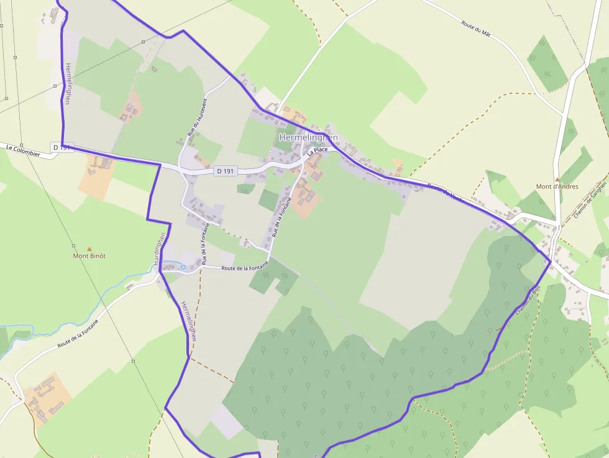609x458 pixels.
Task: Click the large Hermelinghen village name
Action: (x=309, y=137)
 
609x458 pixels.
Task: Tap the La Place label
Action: (x=318, y=150)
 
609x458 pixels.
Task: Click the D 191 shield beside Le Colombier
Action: (x=63, y=147)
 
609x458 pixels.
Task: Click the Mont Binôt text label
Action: (x=89, y=255)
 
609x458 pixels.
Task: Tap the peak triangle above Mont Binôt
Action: (x=89, y=248)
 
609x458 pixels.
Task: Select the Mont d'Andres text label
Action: (x=557, y=186)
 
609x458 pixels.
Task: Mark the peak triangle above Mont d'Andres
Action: (x=557, y=178)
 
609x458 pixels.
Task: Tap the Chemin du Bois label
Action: (x=528, y=300)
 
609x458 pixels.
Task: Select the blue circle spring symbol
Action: (x=183, y=267)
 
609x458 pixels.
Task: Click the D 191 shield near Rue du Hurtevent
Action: (x=226, y=171)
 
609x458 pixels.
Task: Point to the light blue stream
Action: (x=106, y=297)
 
